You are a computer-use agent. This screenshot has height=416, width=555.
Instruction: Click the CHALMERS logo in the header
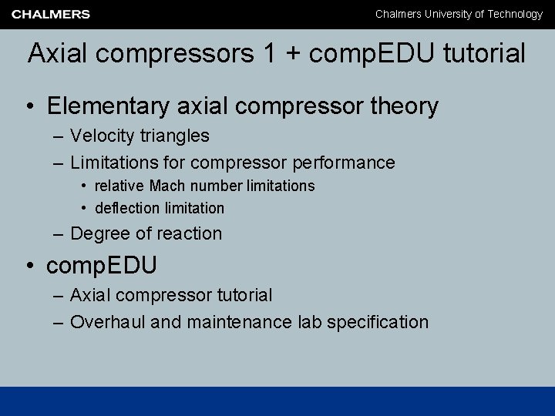tap(51, 14)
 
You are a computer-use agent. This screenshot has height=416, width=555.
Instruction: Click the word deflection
tap(126, 208)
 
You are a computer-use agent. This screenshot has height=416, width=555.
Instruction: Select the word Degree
tap(96, 233)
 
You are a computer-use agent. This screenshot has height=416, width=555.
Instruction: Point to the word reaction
tap(190, 233)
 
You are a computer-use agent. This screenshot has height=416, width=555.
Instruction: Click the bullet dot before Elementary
tap(31, 106)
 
